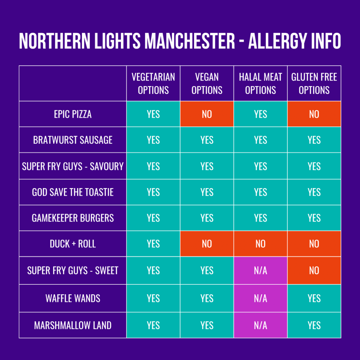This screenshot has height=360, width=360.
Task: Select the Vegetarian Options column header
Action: click(x=153, y=84)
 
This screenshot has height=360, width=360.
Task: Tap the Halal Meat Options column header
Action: click(x=261, y=84)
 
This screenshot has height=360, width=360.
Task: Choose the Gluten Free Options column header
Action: click(x=314, y=84)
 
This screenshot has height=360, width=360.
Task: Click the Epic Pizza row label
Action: click(x=73, y=114)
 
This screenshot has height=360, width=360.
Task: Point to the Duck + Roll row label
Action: click(x=73, y=244)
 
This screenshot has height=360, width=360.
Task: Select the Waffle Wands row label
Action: click(x=73, y=298)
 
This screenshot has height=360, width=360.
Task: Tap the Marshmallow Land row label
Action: click(x=73, y=325)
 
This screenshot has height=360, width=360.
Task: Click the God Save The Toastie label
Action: click(x=73, y=192)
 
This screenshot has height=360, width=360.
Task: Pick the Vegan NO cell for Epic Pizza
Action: click(x=207, y=114)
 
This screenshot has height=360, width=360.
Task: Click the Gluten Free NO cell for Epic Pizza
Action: click(x=314, y=114)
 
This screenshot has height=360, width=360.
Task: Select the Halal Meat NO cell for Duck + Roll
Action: click(x=261, y=244)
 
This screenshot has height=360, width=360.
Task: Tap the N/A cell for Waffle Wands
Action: click(x=261, y=298)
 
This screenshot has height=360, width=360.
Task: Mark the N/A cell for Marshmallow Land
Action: click(x=261, y=325)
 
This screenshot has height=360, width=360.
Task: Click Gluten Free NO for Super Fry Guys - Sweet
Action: click(x=314, y=270)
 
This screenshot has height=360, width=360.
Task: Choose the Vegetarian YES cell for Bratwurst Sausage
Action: click(x=153, y=140)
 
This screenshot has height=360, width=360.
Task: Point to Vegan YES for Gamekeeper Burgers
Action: click(x=207, y=218)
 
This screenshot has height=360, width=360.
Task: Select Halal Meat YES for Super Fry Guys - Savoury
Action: click(x=261, y=166)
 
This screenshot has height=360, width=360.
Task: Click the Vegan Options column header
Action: click(x=207, y=84)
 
